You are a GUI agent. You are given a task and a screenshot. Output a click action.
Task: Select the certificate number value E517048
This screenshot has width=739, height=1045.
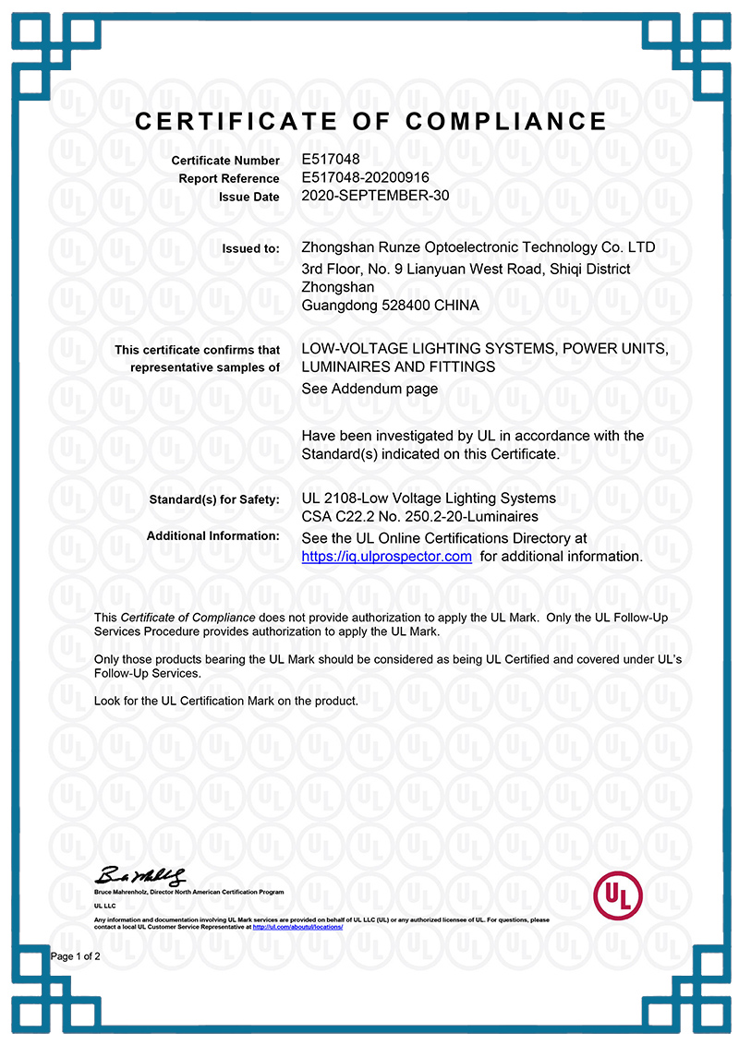coord(330,160)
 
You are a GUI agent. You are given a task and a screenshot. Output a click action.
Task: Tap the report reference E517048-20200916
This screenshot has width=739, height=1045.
coord(366,177)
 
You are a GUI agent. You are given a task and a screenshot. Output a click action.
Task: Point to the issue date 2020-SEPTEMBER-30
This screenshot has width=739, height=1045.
coord(375,196)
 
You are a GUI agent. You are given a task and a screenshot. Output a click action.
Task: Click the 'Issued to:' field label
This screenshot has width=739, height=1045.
coord(250,248)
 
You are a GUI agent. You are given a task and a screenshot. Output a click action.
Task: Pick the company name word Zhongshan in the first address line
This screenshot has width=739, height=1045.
coord(337,247)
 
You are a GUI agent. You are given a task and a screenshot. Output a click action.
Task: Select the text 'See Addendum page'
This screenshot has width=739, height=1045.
coord(369,389)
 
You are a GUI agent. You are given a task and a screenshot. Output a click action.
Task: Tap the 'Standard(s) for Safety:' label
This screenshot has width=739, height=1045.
coord(214,499)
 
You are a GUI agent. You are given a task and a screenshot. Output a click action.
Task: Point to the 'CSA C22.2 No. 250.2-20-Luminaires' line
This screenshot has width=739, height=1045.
coord(419,517)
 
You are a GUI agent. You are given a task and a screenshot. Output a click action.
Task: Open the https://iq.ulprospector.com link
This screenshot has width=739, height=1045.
coord(386,557)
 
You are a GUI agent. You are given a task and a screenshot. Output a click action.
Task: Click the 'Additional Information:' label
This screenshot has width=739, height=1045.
coord(212,535)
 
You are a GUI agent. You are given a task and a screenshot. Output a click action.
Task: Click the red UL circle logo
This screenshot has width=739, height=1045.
coord(618,893)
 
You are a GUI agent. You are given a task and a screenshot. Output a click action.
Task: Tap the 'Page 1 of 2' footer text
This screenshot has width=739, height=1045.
coord(76,956)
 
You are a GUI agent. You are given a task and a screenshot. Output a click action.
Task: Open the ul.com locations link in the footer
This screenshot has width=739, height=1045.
coord(297,927)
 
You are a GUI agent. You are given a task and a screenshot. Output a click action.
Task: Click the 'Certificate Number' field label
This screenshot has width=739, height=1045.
coord(225,161)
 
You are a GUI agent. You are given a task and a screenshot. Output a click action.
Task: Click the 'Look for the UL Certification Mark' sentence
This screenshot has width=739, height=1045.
coord(226,702)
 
